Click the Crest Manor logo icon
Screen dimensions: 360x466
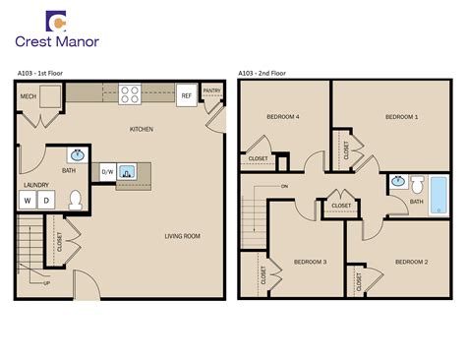tap(60, 22)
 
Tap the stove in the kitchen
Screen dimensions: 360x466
tap(131, 94)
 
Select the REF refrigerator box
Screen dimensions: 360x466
tap(187, 95)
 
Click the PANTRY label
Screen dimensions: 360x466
tap(212, 90)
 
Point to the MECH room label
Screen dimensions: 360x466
tap(28, 96)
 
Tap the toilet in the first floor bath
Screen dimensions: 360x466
tap(76, 199)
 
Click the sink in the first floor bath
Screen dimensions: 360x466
tap(78, 155)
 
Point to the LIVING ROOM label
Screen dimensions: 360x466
tap(182, 236)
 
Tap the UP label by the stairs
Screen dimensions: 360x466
tap(45, 283)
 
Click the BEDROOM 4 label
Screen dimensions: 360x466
tap(282, 117)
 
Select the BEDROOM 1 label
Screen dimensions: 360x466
tap(401, 117)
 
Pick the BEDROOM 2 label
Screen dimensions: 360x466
tap(411, 262)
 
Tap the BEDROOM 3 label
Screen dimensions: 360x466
tap(310, 262)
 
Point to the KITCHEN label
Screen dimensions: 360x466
tap(142, 130)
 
